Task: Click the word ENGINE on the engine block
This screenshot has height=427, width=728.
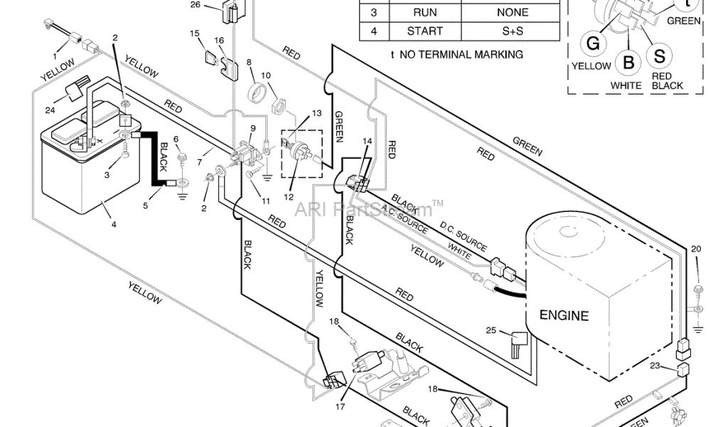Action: pyautogui.click(x=564, y=315)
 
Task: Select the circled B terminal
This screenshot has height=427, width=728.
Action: pyautogui.click(x=628, y=62)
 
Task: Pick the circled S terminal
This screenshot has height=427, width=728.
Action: pyautogui.click(x=660, y=56)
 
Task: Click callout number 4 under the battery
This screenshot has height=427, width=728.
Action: pyautogui.click(x=113, y=223)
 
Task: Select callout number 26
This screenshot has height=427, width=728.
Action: pyautogui.click(x=196, y=6)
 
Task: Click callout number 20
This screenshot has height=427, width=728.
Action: pyautogui.click(x=695, y=249)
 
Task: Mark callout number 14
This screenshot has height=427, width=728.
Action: pyautogui.click(x=367, y=141)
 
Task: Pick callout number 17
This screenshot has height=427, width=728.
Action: pyautogui.click(x=340, y=407)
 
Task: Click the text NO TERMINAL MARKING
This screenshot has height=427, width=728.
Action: pyautogui.click(x=472, y=54)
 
